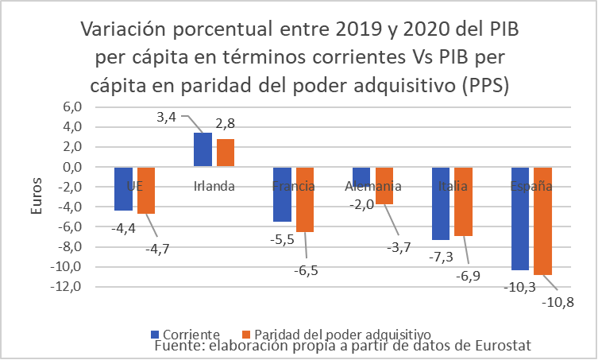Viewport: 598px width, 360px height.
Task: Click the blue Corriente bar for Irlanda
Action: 203,149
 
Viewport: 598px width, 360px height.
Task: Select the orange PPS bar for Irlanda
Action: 226,153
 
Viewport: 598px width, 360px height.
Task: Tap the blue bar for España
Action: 520,219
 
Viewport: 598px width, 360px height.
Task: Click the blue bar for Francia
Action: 282,195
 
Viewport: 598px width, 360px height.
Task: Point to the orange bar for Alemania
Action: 384,186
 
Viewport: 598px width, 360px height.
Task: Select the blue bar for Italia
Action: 441,203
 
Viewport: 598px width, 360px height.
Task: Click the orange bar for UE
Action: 146,191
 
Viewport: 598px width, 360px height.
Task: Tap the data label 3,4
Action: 166,118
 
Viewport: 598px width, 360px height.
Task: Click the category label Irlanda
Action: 214,187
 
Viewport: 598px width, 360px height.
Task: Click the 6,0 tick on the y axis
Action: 72,107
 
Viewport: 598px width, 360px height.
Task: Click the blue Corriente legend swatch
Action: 154,333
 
